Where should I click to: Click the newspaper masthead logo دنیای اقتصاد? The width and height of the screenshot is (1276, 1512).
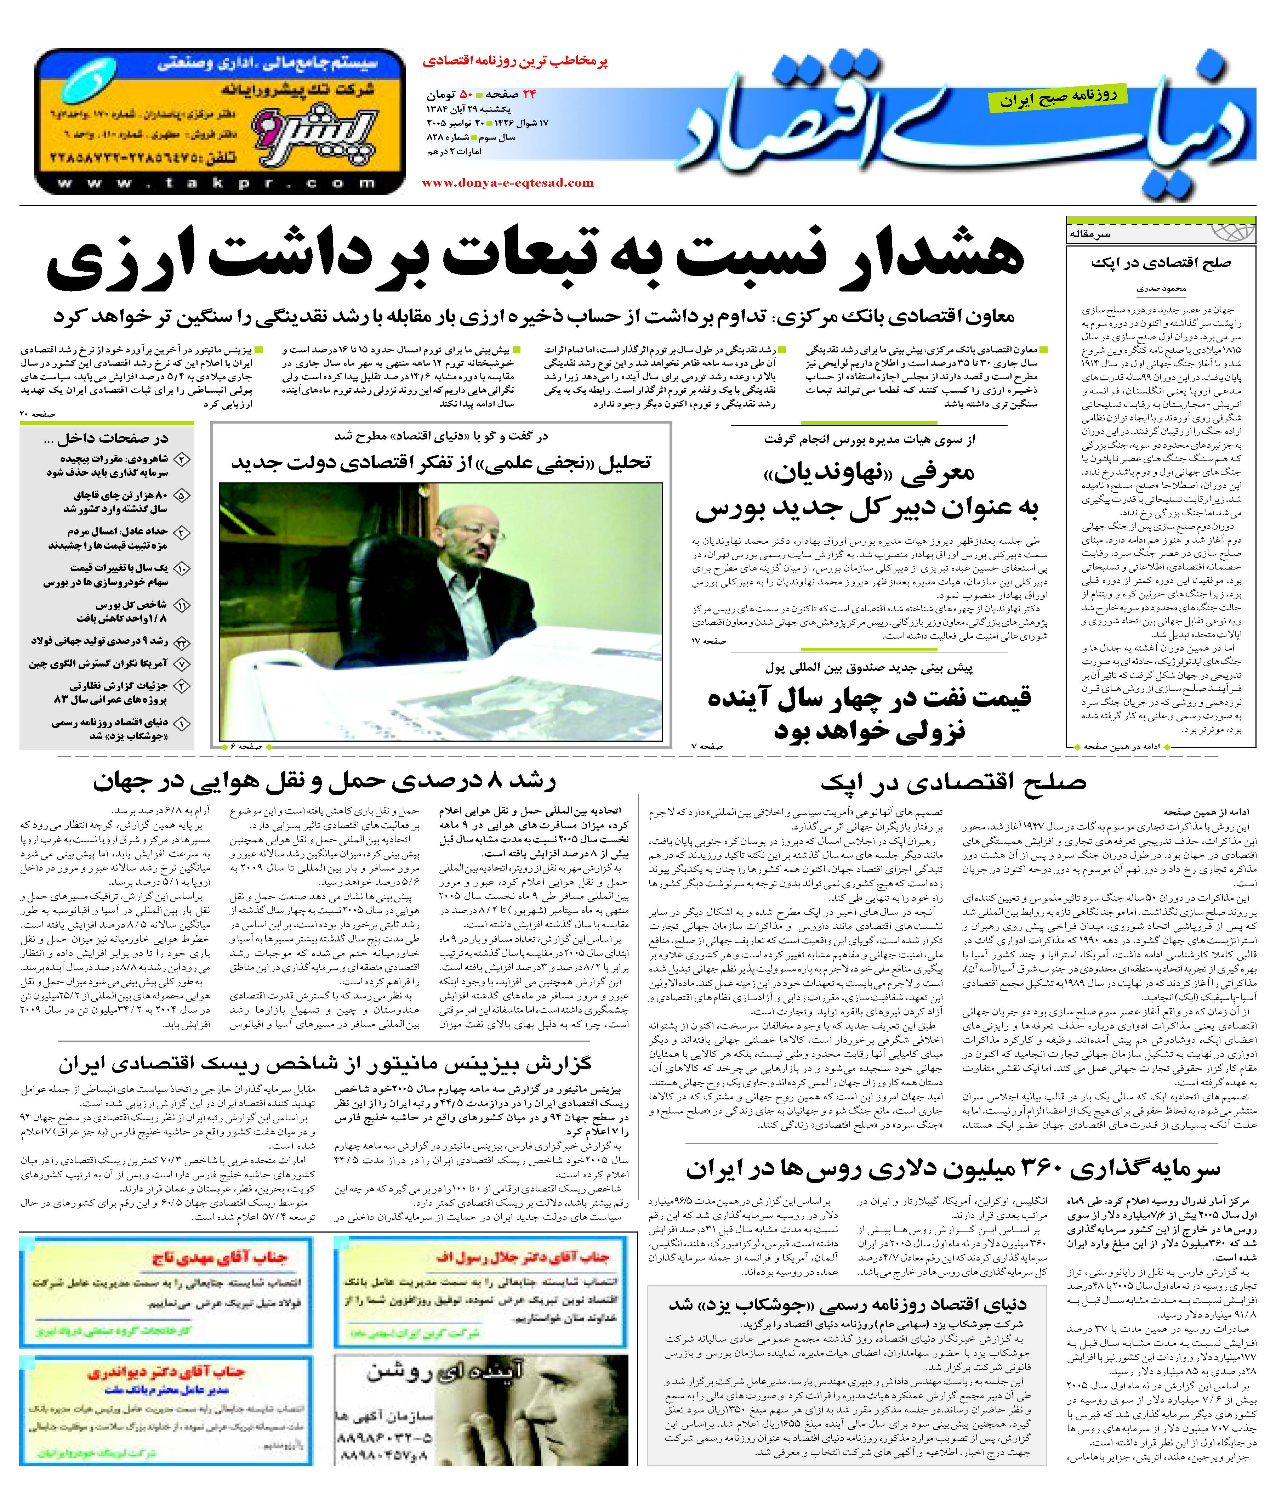pos(969,130)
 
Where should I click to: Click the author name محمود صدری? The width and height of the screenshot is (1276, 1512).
pos(1161,288)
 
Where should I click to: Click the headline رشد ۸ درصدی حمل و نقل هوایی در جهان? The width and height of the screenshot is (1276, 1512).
pos(324,781)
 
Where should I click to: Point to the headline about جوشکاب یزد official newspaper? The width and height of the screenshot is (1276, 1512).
pos(846,1304)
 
